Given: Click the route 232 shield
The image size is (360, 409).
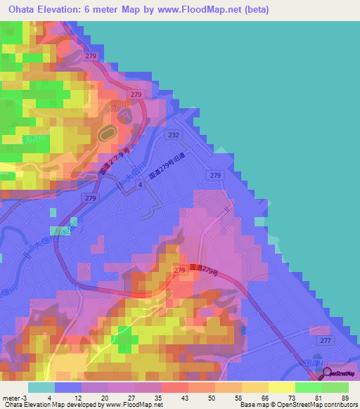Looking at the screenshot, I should tap(173, 134).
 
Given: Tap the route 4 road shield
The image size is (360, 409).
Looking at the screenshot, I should tap(141, 184).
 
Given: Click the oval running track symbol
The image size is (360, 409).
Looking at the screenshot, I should tap(108, 132).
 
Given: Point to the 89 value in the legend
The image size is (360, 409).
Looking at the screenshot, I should tap(345, 397).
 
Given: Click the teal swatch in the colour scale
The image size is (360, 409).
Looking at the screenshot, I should tap(41, 387).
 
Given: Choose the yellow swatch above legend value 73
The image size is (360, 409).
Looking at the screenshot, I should tap(282, 387).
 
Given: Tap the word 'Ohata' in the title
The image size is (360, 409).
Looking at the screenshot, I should tap(21, 11).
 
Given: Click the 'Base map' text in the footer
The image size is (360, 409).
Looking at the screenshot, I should tap(250, 405).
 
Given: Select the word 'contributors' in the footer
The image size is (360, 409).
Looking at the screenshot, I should tap(331, 405).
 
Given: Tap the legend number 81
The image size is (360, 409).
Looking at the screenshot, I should tap(318, 397).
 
